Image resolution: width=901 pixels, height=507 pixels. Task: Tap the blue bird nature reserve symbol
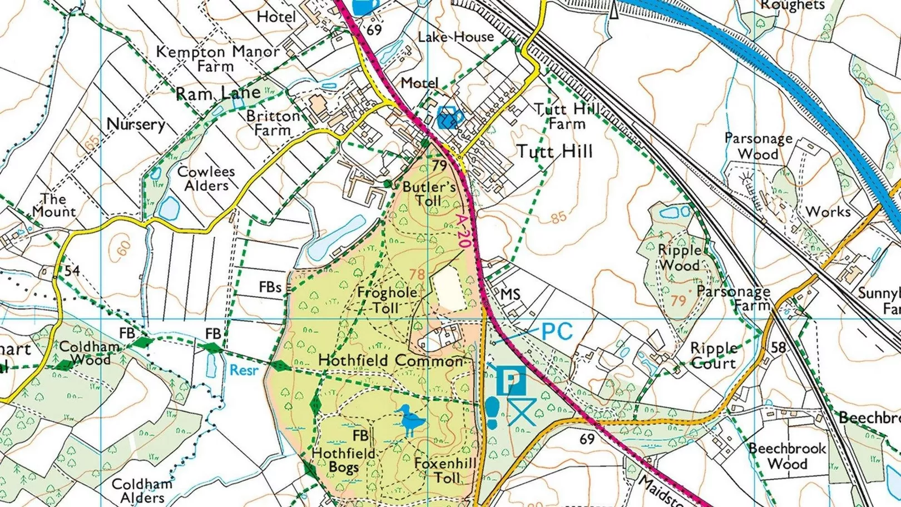pos(411,421)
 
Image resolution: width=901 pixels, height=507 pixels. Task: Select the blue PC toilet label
pos(557,331)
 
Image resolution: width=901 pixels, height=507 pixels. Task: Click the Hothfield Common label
pos(390,361)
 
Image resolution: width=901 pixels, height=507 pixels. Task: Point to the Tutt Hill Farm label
pos(567,116)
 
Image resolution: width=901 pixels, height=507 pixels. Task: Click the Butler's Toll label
pos(429,193)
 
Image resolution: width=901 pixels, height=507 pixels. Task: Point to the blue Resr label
pos(244,370)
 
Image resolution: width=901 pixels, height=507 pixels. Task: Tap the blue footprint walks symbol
pos(492,412)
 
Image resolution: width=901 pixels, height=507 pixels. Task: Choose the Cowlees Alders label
pos(206,178)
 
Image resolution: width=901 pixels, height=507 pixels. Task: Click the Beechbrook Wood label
pos(787,456)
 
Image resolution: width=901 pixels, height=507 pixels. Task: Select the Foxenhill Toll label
pos(446,470)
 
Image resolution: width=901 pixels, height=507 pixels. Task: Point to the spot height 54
pos(72,271)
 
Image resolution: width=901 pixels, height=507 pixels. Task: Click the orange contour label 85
pos(558,217)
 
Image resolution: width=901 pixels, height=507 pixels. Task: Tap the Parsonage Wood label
pos(758,146)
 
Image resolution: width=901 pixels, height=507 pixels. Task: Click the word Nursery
pos(136,124)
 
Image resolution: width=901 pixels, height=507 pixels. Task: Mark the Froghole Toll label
pos(387,300)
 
